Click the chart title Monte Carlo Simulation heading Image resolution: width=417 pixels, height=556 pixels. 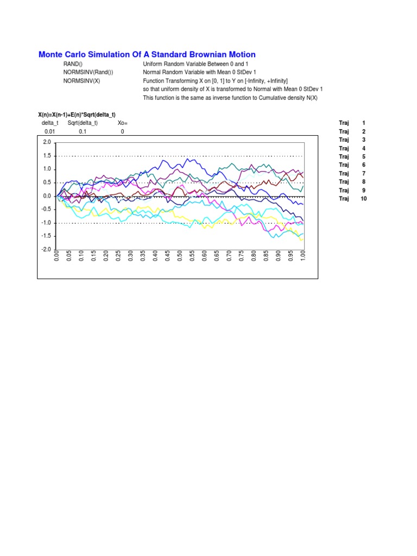pyautogui.click(x=147, y=55)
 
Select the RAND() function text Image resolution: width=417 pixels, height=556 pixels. pyautogui.click(x=73, y=64)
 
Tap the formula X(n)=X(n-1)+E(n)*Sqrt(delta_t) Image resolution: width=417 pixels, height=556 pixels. pyautogui.click(x=77, y=115)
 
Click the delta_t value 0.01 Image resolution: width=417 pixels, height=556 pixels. pyautogui.click(x=50, y=131)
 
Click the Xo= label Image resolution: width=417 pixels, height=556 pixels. pyautogui.click(x=122, y=123)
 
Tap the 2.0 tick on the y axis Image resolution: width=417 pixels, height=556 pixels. pyautogui.click(x=47, y=142)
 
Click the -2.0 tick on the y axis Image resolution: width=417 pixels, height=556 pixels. pyautogui.click(x=46, y=250)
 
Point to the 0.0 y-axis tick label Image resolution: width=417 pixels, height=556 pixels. pyautogui.click(x=47, y=196)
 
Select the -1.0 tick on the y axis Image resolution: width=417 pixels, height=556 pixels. pyautogui.click(x=46, y=223)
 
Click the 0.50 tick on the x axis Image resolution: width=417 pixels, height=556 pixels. pyautogui.click(x=180, y=256)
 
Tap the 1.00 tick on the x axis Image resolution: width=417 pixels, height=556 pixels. pyautogui.click(x=303, y=256)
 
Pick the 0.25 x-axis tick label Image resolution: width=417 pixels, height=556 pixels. pyautogui.click(x=118, y=256)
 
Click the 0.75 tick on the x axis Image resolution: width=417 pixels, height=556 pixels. pyautogui.click(x=242, y=256)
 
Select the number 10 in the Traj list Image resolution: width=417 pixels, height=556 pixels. pyautogui.click(x=363, y=199)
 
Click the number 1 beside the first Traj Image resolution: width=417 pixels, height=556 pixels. pyautogui.click(x=363, y=123)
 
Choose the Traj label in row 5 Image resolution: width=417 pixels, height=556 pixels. pyautogui.click(x=344, y=156)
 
